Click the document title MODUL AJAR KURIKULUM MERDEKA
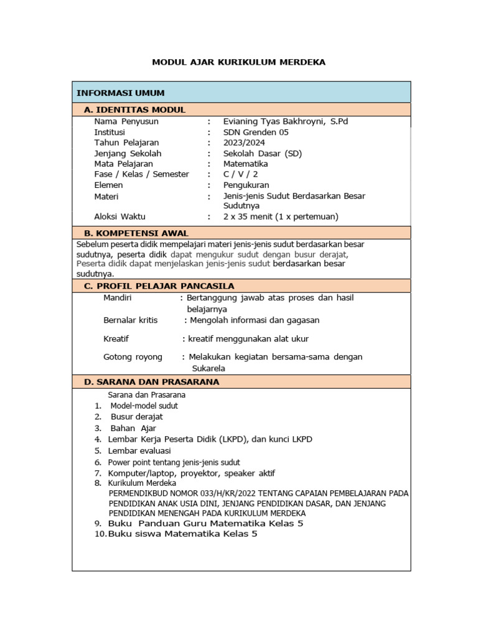[x=239, y=62]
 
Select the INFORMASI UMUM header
[x=120, y=93]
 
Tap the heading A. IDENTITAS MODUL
[x=134, y=109]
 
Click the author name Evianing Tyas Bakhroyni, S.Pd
[x=286, y=121]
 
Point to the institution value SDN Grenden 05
[x=256, y=132]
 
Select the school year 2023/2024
[x=244, y=142]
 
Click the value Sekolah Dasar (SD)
[x=262, y=153]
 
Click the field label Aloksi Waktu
[x=119, y=216]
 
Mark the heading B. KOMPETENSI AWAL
[x=136, y=232]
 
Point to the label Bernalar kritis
[x=131, y=320]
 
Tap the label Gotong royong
[x=133, y=356]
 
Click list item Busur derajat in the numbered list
[x=137, y=417]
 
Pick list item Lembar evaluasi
[x=139, y=450]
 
